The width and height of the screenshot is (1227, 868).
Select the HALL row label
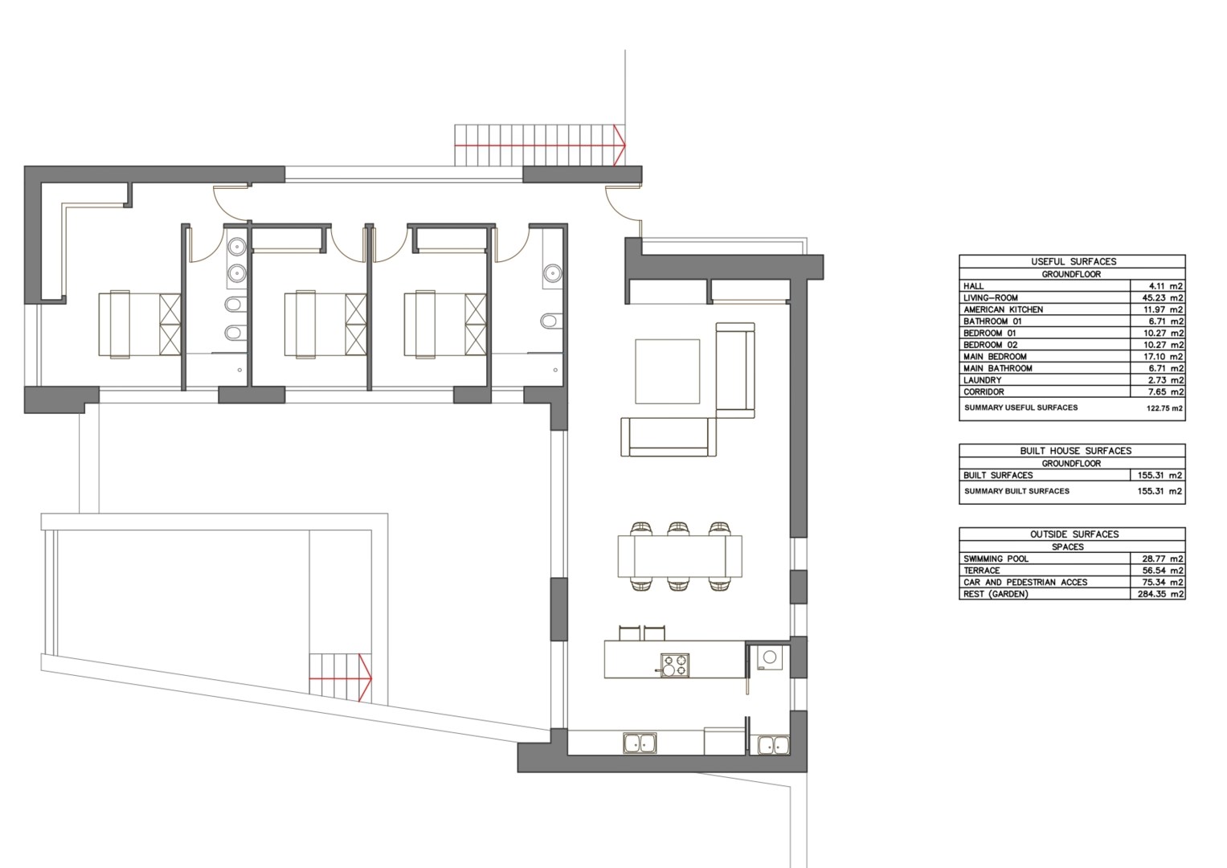[x=973, y=286]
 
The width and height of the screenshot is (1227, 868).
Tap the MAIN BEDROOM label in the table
[x=995, y=356]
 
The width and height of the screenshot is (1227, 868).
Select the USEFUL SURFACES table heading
[x=1073, y=261]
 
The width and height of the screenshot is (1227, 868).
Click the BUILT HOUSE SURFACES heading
[x=1075, y=450]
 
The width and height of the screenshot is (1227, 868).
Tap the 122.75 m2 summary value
[x=1164, y=408]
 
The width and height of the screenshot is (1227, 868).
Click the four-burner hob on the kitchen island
[x=674, y=665]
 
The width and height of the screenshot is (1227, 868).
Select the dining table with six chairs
[x=680, y=556]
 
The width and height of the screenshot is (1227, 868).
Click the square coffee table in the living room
[x=667, y=371]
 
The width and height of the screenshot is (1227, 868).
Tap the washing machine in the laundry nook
[x=770, y=657]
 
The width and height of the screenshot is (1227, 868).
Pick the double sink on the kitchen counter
[x=640, y=743]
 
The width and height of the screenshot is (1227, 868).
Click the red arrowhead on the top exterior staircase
[x=620, y=145]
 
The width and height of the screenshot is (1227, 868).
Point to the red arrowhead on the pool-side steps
[x=366, y=678]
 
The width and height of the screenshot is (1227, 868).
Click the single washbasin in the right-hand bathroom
[x=552, y=272]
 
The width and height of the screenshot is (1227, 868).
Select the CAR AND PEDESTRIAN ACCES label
[x=1025, y=582]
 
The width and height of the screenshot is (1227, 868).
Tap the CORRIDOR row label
[x=984, y=392]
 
